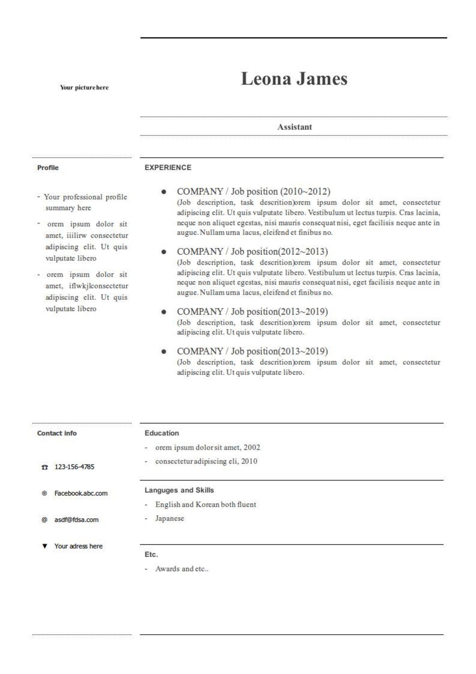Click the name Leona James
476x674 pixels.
point(294,79)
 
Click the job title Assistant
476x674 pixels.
point(294,127)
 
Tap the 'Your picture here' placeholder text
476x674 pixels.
point(84,87)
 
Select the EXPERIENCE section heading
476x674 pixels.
point(168,168)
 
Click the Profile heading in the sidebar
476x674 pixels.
point(48,168)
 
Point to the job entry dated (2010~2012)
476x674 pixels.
point(253,191)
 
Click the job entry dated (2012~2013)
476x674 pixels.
point(252,251)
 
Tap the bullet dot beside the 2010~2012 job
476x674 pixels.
point(164,192)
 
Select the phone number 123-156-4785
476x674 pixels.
point(74,467)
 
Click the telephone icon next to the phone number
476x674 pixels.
point(45,467)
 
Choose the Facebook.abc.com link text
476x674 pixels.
point(81,493)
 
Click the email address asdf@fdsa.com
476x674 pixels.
point(76,520)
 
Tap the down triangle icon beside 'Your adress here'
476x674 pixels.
point(45,546)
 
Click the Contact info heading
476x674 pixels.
point(57,433)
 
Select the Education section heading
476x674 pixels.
point(162,433)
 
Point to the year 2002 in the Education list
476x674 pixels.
point(252,447)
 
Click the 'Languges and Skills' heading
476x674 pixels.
point(179,490)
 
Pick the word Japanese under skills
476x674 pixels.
point(170,518)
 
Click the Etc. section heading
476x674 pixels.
point(151,554)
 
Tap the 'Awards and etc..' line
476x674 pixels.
point(182,569)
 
